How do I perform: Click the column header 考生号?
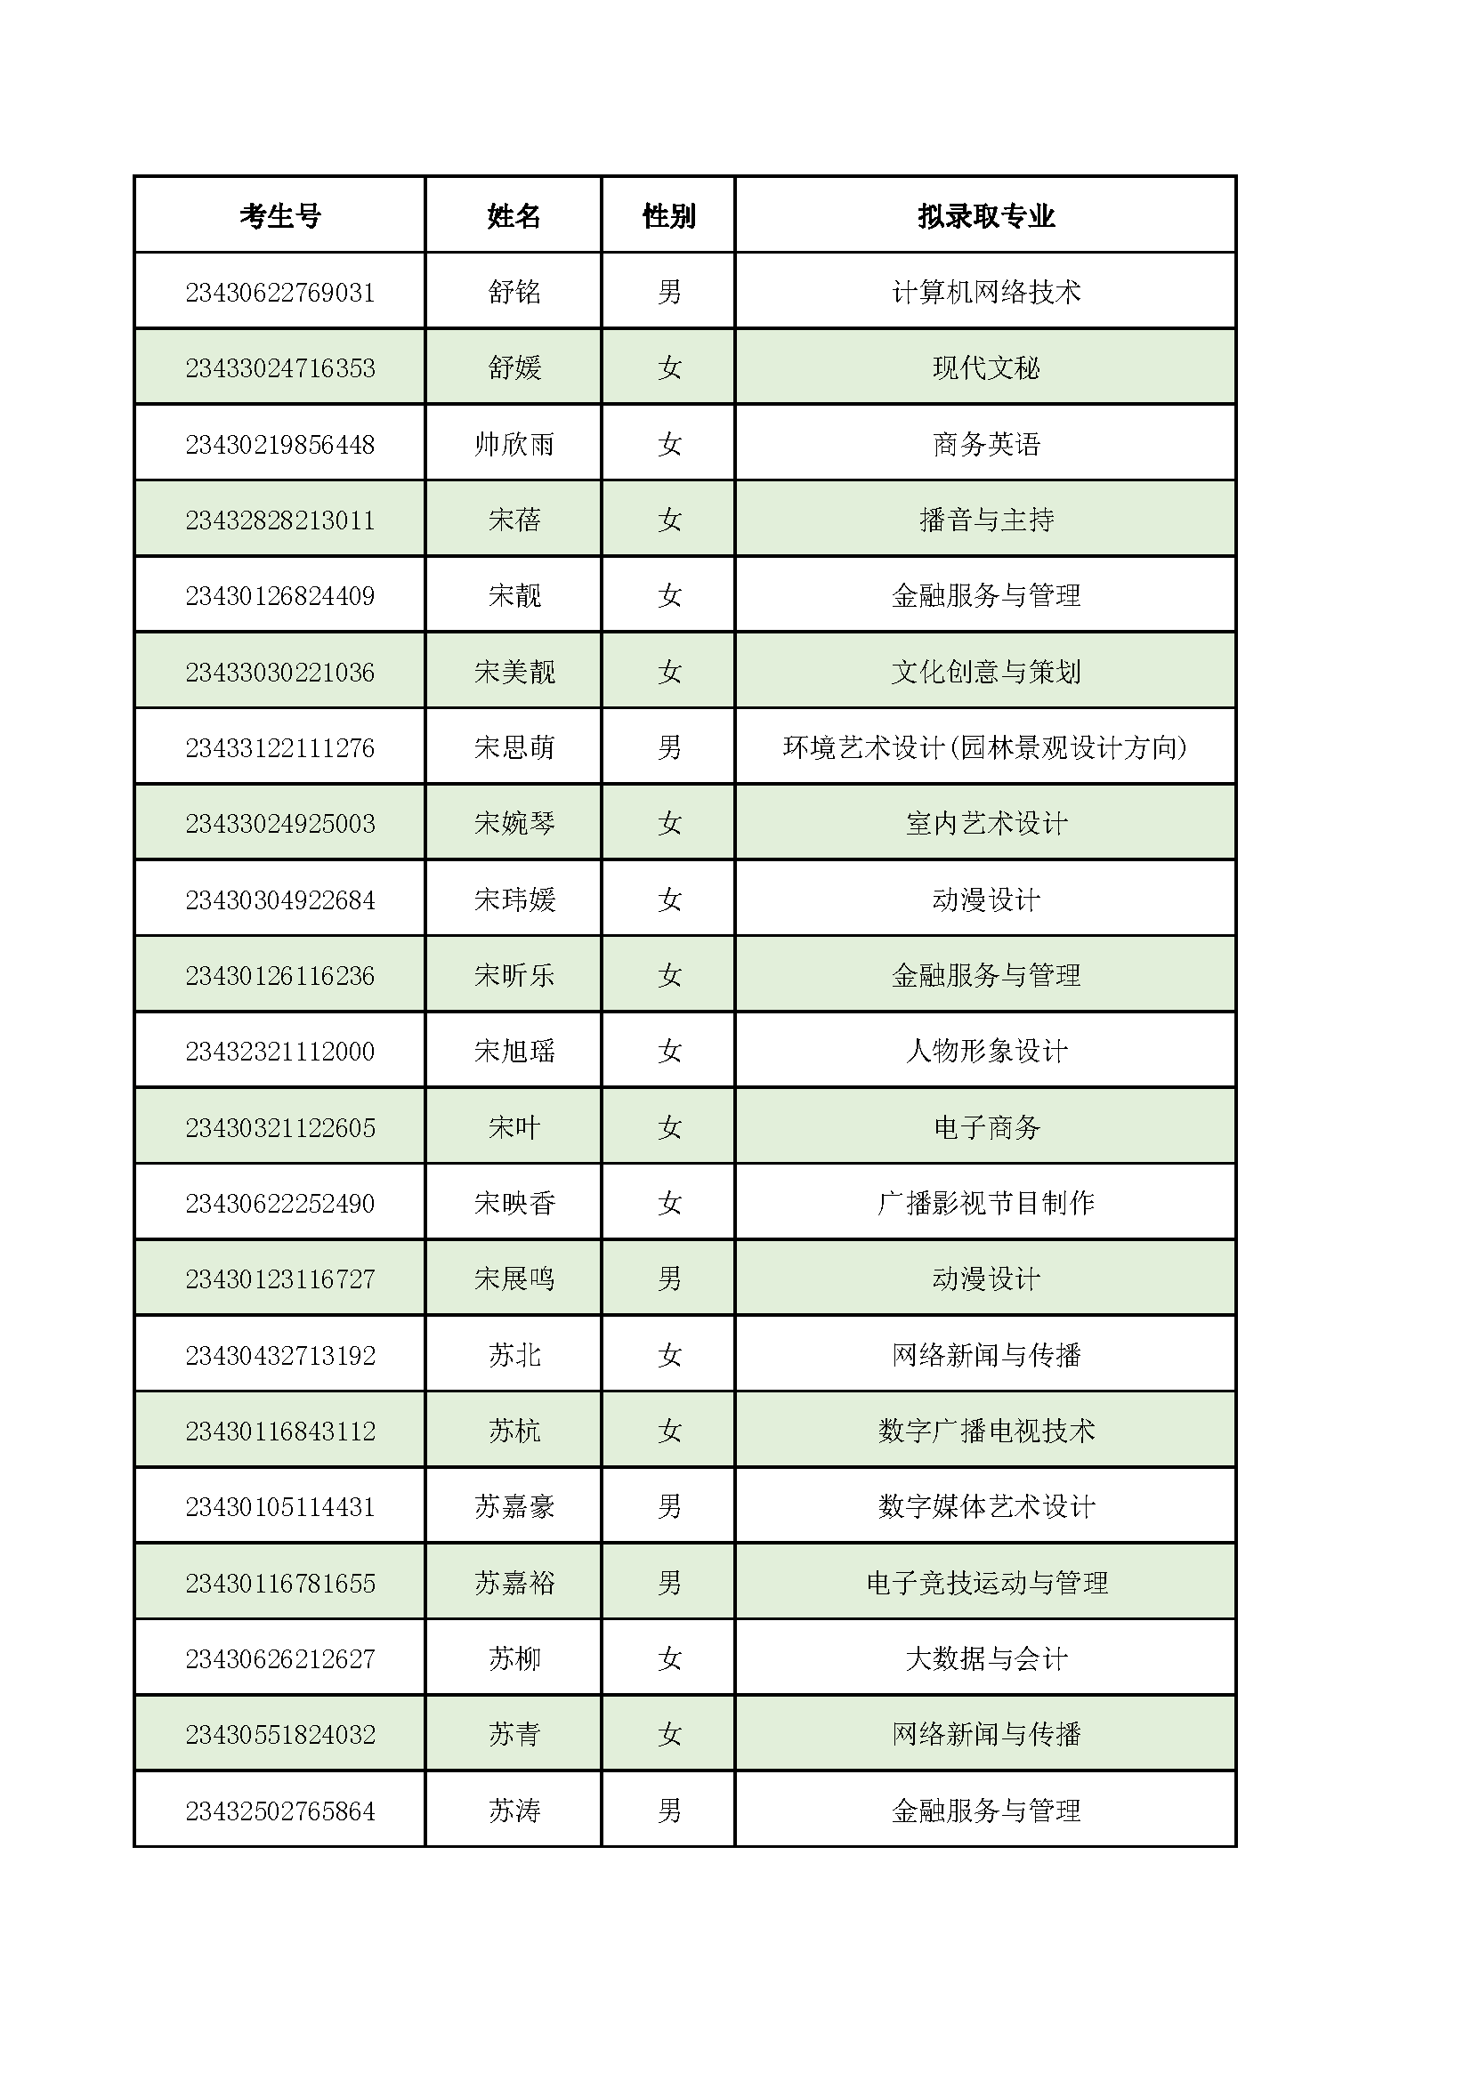(x=280, y=215)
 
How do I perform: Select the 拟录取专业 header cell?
(x=986, y=215)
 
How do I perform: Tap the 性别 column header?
(x=669, y=215)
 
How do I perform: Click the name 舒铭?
(x=514, y=292)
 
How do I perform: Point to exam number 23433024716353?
(x=280, y=368)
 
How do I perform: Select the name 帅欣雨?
(x=514, y=444)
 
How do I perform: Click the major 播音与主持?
(x=986, y=520)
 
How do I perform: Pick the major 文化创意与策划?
(x=986, y=672)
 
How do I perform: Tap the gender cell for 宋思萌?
(x=669, y=747)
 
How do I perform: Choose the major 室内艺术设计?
(x=986, y=824)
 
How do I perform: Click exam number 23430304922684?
(x=280, y=900)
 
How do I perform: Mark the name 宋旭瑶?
(x=514, y=1052)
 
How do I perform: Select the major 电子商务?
(x=986, y=1127)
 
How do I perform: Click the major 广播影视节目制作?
(x=986, y=1204)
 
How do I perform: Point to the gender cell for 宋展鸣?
(x=669, y=1278)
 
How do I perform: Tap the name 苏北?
(x=514, y=1355)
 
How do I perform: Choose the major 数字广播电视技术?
(x=986, y=1432)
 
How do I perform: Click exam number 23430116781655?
(x=280, y=1584)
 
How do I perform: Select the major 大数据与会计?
(x=986, y=1658)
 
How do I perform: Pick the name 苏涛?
(x=514, y=1811)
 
